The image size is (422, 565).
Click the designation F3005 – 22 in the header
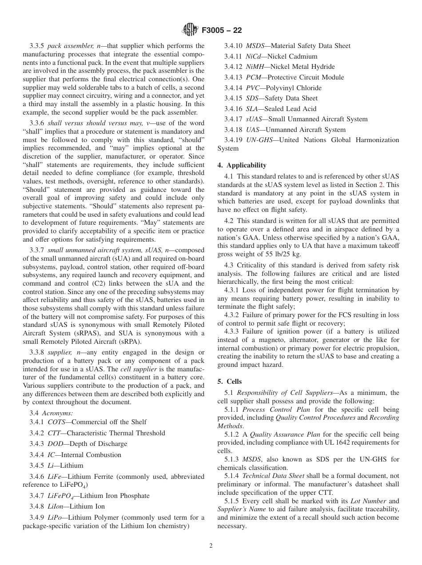point(221,31)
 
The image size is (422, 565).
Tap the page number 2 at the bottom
point(211,546)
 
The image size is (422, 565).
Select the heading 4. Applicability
point(242,165)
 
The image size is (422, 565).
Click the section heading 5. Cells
point(230,382)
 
